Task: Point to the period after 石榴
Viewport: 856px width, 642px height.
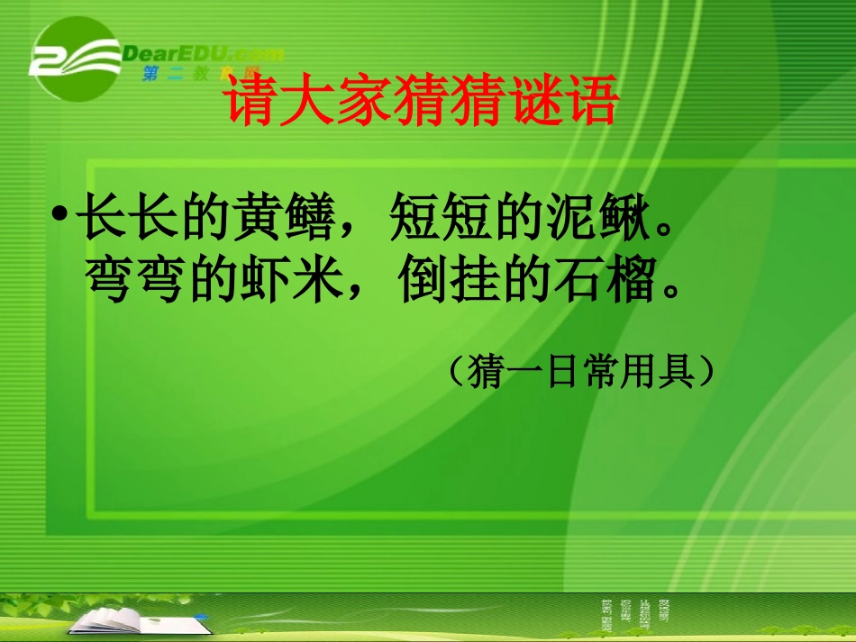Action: pos(668,294)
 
